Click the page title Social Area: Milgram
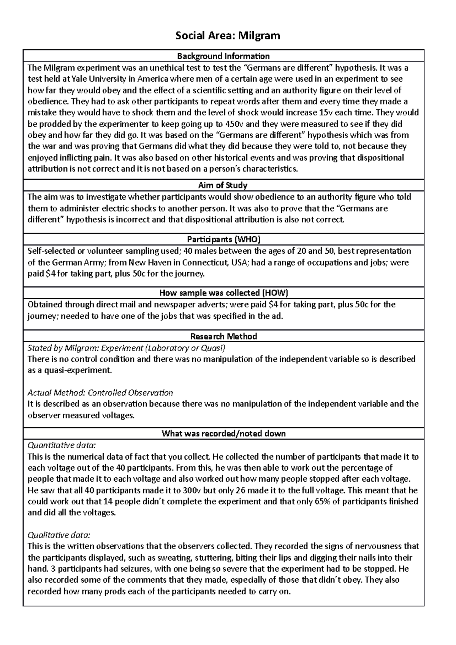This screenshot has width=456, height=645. [227, 36]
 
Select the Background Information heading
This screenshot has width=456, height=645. [223, 56]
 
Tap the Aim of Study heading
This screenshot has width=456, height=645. [223, 185]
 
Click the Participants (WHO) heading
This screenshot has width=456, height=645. [223, 239]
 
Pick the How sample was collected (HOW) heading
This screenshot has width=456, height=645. [223, 293]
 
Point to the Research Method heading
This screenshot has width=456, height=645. [223, 336]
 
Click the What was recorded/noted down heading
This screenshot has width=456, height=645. [223, 433]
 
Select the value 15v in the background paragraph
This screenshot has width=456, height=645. [349, 112]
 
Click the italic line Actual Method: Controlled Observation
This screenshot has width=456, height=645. [100, 393]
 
